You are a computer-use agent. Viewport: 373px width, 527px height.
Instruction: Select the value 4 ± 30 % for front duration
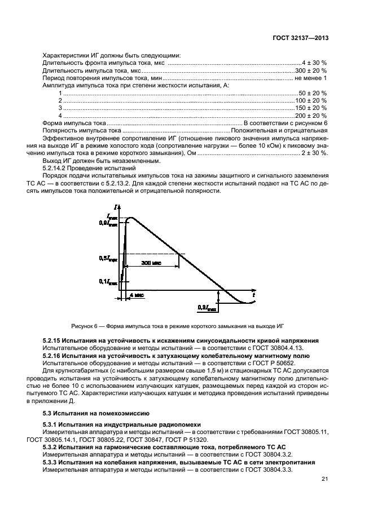pos(314,63)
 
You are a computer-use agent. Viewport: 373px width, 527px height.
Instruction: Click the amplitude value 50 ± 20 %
pos(313,92)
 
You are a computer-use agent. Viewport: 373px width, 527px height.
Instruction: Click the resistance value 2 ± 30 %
pos(314,152)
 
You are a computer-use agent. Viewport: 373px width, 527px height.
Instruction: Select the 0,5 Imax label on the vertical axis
pos(108,258)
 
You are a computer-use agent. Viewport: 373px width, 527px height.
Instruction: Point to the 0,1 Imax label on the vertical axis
pos(108,281)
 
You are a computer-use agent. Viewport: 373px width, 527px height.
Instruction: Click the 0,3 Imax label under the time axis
pos(206,308)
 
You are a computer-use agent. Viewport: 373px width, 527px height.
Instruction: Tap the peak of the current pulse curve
pos(131,218)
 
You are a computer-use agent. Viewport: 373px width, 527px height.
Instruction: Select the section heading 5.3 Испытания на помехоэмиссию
pos(84,413)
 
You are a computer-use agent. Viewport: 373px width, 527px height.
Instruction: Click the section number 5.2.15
pos(52,341)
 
